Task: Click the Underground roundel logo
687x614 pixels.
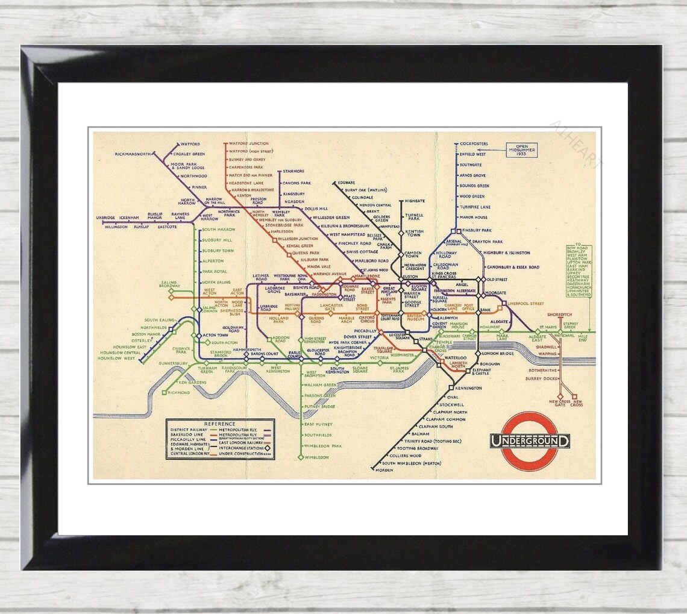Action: click(x=530, y=440)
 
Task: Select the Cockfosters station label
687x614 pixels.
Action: click(x=474, y=144)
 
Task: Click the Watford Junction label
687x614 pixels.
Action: click(x=249, y=143)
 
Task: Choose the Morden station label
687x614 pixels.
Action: click(x=384, y=470)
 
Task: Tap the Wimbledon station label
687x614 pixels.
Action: click(x=317, y=457)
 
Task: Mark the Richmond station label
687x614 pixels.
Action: click(x=179, y=393)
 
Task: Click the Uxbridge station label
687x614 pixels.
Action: click(x=105, y=218)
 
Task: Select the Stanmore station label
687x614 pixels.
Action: click(x=293, y=172)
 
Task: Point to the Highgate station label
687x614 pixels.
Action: click(x=415, y=200)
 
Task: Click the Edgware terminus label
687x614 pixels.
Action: click(x=347, y=182)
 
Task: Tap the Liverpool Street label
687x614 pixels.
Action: click(x=526, y=304)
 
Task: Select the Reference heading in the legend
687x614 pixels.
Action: click(x=219, y=424)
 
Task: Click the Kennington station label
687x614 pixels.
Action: click(x=468, y=388)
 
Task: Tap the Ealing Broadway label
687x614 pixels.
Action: click(x=169, y=284)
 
